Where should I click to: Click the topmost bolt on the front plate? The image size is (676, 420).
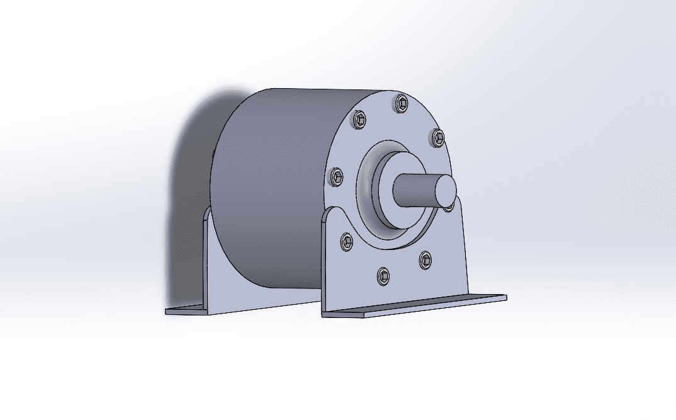[x=401, y=103]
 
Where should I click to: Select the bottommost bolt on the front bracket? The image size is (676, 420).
[x=383, y=275]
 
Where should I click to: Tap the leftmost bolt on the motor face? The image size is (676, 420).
[x=337, y=177]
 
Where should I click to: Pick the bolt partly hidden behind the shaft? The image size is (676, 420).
[x=448, y=206]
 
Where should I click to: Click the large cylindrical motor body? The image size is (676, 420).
[x=271, y=189]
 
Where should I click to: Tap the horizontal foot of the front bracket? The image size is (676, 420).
[x=415, y=305]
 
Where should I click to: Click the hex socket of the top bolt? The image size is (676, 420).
[x=401, y=103]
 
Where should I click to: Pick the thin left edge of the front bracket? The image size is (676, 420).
[x=324, y=264]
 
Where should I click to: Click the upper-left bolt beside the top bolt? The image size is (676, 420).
[x=360, y=120]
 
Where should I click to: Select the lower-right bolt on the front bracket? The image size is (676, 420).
[x=425, y=258]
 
